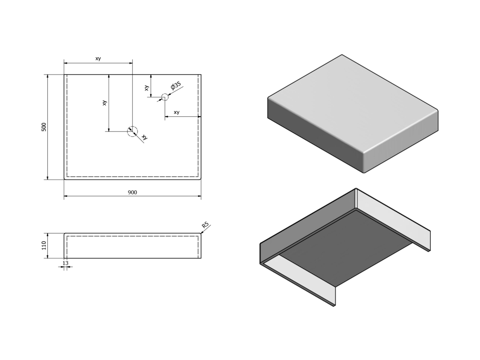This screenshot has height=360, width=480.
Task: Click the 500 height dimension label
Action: click(44, 127)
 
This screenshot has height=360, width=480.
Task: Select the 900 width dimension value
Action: click(132, 193)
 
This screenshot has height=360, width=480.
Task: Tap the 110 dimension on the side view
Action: click(44, 246)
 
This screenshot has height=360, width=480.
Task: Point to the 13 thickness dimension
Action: click(66, 263)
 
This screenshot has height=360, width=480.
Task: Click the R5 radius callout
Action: click(205, 225)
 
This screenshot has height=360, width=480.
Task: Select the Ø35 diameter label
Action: click(176, 86)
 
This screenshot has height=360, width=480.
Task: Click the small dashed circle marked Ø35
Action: click(165, 97)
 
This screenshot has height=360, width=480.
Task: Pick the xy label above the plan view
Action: click(98, 59)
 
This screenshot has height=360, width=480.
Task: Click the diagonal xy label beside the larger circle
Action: click(144, 137)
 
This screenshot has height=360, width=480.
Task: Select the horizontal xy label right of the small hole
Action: click(177, 112)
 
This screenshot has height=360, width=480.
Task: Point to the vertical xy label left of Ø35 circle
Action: click(147, 88)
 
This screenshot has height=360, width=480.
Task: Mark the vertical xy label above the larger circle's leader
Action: click(105, 103)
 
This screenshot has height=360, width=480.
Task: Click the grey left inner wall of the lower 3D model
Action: click(307, 226)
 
